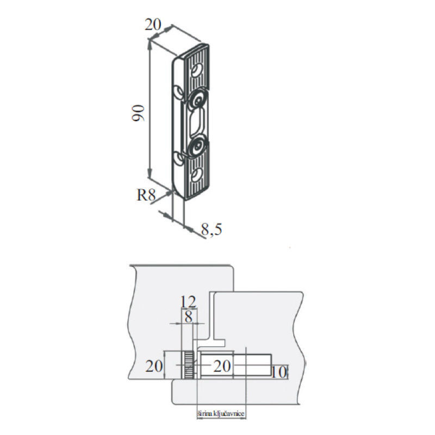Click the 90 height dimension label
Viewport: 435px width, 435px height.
coord(138,113)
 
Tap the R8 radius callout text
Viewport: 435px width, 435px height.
coord(146,195)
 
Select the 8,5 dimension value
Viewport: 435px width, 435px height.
coord(212,229)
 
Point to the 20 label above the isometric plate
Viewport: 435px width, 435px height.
coord(153,24)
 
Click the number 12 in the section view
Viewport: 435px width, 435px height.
coord(188,302)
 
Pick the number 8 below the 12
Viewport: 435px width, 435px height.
coord(189,316)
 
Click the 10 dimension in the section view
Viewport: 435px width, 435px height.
coord(279,372)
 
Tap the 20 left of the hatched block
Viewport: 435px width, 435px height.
coord(154,366)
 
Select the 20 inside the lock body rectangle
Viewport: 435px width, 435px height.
coord(222,366)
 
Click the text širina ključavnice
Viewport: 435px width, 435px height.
coord(221,414)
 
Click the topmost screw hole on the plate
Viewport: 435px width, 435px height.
coord(197,70)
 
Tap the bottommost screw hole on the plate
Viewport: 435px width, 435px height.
coord(196,176)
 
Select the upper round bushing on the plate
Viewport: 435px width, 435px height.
coord(198,100)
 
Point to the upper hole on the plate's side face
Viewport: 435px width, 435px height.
coord(178,92)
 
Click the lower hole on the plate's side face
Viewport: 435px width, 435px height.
coord(178,159)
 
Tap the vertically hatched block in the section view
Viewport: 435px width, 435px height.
coord(188,365)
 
